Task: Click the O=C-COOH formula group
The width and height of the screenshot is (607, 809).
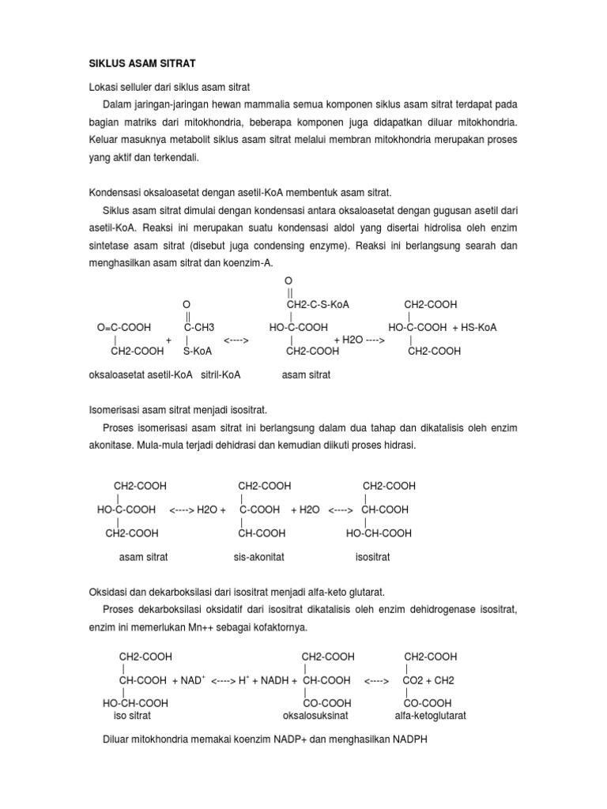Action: pyautogui.click(x=124, y=327)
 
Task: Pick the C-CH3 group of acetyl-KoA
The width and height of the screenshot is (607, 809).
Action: pyautogui.click(x=199, y=327)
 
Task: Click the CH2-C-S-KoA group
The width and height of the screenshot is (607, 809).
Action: pyautogui.click(x=318, y=304)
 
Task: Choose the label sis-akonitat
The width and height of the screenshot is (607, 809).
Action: pyautogui.click(x=258, y=557)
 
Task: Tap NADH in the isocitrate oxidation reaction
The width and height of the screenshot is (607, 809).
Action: pyautogui.click(x=272, y=680)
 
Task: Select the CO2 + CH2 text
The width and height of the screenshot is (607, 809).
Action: pyautogui.click(x=429, y=680)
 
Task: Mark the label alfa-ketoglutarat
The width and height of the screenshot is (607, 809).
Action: pyautogui.click(x=431, y=716)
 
